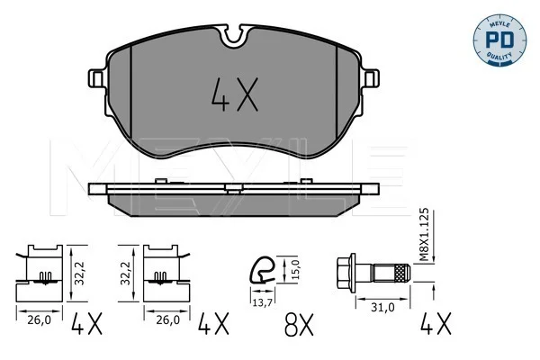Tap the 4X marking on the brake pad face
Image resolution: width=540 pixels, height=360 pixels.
pyautogui.click(x=235, y=94)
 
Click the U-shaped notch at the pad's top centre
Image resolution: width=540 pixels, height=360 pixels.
pyautogui.click(x=234, y=36)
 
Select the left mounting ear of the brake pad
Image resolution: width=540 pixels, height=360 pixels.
pyautogui.click(x=98, y=78)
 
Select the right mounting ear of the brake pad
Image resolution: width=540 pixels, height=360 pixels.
pyautogui.click(x=370, y=78)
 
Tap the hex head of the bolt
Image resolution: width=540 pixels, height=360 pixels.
pyautogui.click(x=346, y=274)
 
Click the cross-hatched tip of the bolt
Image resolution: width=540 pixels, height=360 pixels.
pyautogui.click(x=401, y=274)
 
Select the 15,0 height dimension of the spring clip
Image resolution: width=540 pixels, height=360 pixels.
pyautogui.click(x=296, y=270)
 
